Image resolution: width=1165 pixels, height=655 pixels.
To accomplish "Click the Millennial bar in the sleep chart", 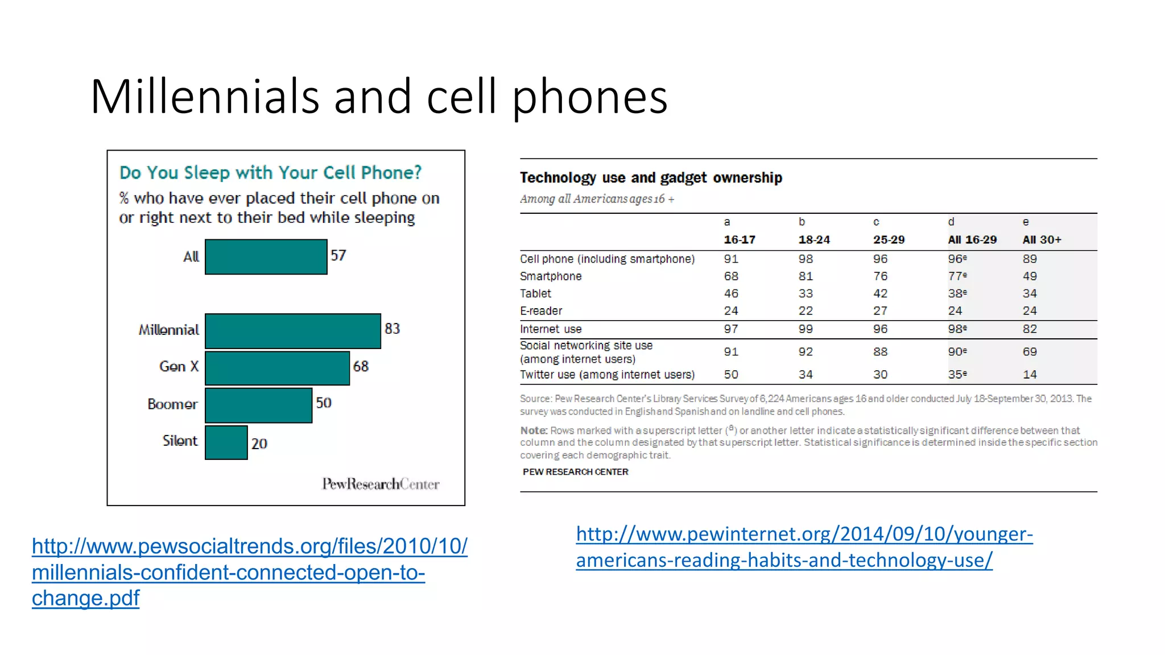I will (x=292, y=331).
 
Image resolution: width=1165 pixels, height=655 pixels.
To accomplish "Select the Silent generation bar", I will (x=226, y=442).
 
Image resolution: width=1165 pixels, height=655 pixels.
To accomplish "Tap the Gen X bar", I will (x=277, y=368).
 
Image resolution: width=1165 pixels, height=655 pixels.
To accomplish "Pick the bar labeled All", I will (x=266, y=257).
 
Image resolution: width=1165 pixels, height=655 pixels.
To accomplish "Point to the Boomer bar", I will (x=258, y=405).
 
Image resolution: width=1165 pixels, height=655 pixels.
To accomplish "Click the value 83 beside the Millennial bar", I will (x=392, y=329).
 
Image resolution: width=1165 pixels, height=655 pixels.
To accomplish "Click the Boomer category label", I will (x=172, y=404).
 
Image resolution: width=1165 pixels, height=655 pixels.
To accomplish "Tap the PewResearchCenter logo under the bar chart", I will (x=381, y=484).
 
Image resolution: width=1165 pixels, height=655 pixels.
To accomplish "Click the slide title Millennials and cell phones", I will (x=378, y=97).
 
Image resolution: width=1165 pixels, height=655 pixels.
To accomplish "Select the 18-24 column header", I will (x=814, y=240).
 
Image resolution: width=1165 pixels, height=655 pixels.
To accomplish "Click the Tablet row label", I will (x=535, y=293).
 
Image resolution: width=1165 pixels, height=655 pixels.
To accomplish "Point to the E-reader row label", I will (x=540, y=311).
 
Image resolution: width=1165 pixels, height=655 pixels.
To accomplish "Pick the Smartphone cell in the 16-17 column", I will (x=731, y=276).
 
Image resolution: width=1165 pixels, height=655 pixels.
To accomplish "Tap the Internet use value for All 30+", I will (x=1030, y=329).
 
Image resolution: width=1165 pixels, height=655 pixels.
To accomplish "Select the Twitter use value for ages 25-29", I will (x=880, y=375).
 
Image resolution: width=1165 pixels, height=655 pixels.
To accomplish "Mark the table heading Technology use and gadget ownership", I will (x=651, y=178).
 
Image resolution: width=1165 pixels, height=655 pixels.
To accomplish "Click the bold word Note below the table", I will (x=534, y=430).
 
